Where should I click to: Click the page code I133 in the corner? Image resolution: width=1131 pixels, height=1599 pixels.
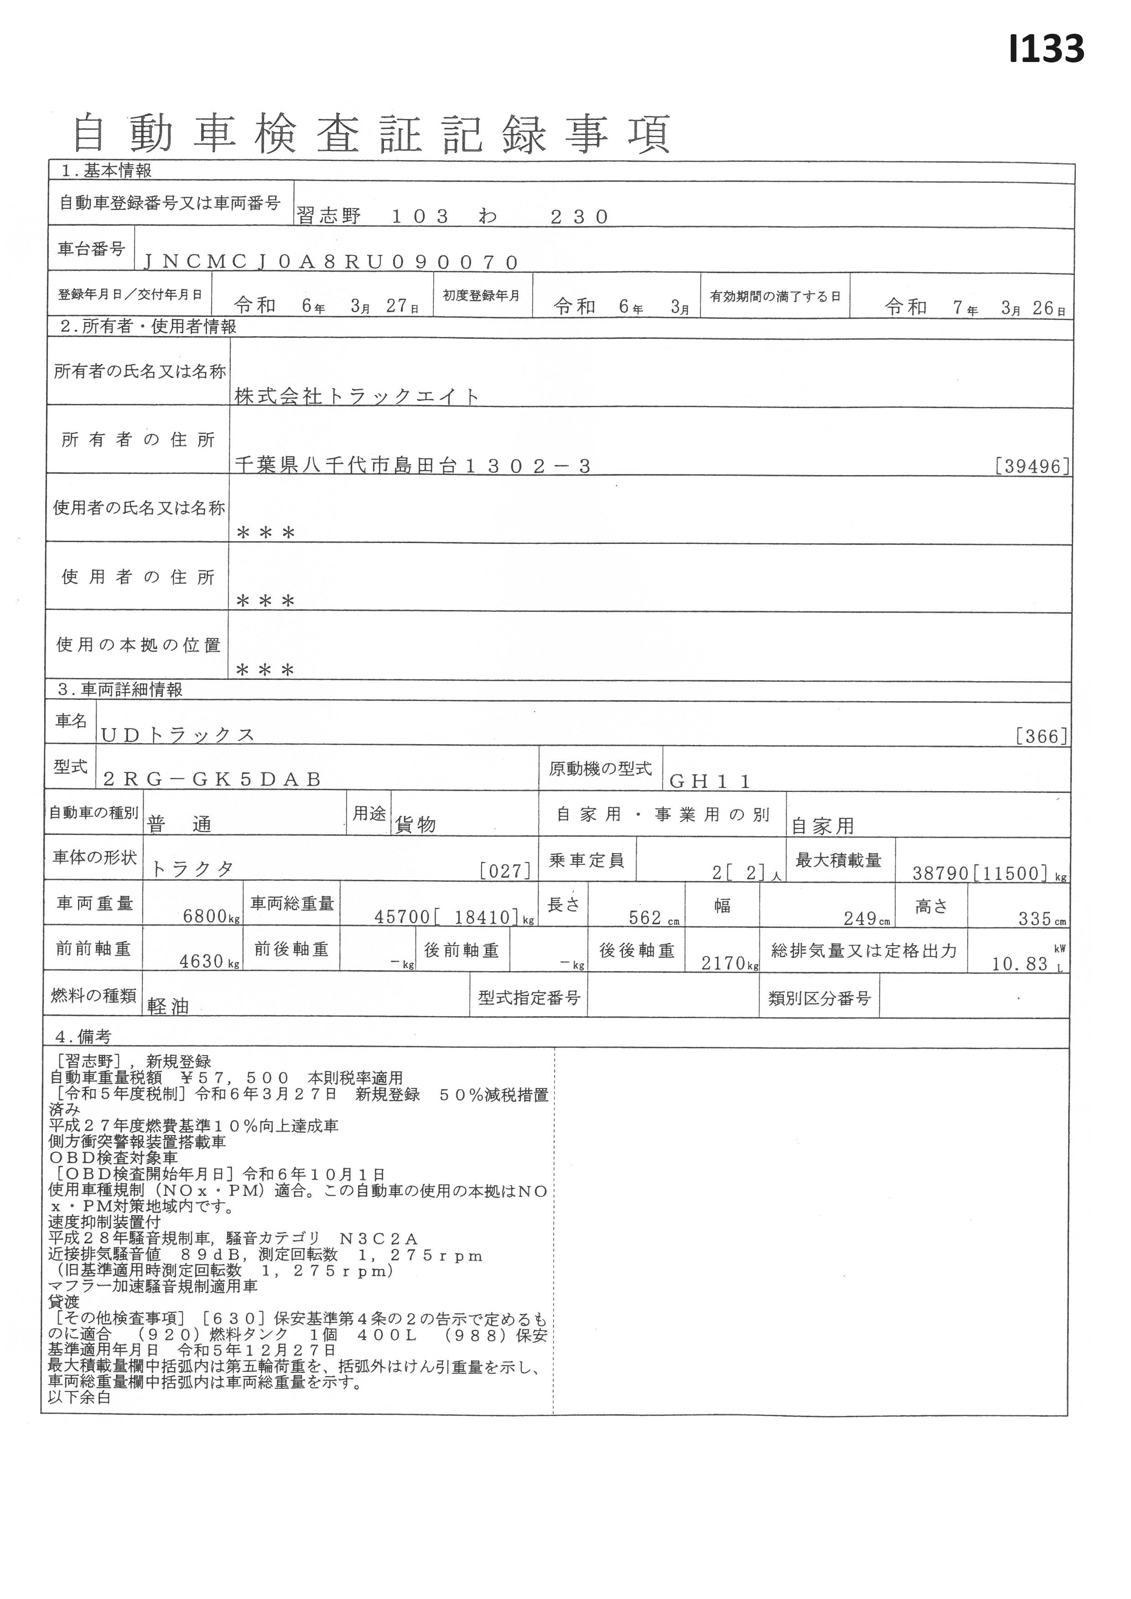pyautogui.click(x=1046, y=49)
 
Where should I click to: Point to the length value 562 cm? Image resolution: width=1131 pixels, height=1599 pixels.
pyautogui.click(x=653, y=917)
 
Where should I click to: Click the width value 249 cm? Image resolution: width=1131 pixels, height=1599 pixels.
pyautogui.click(x=866, y=918)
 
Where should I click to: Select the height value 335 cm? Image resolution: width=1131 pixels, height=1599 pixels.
pyautogui.click(x=1042, y=918)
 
